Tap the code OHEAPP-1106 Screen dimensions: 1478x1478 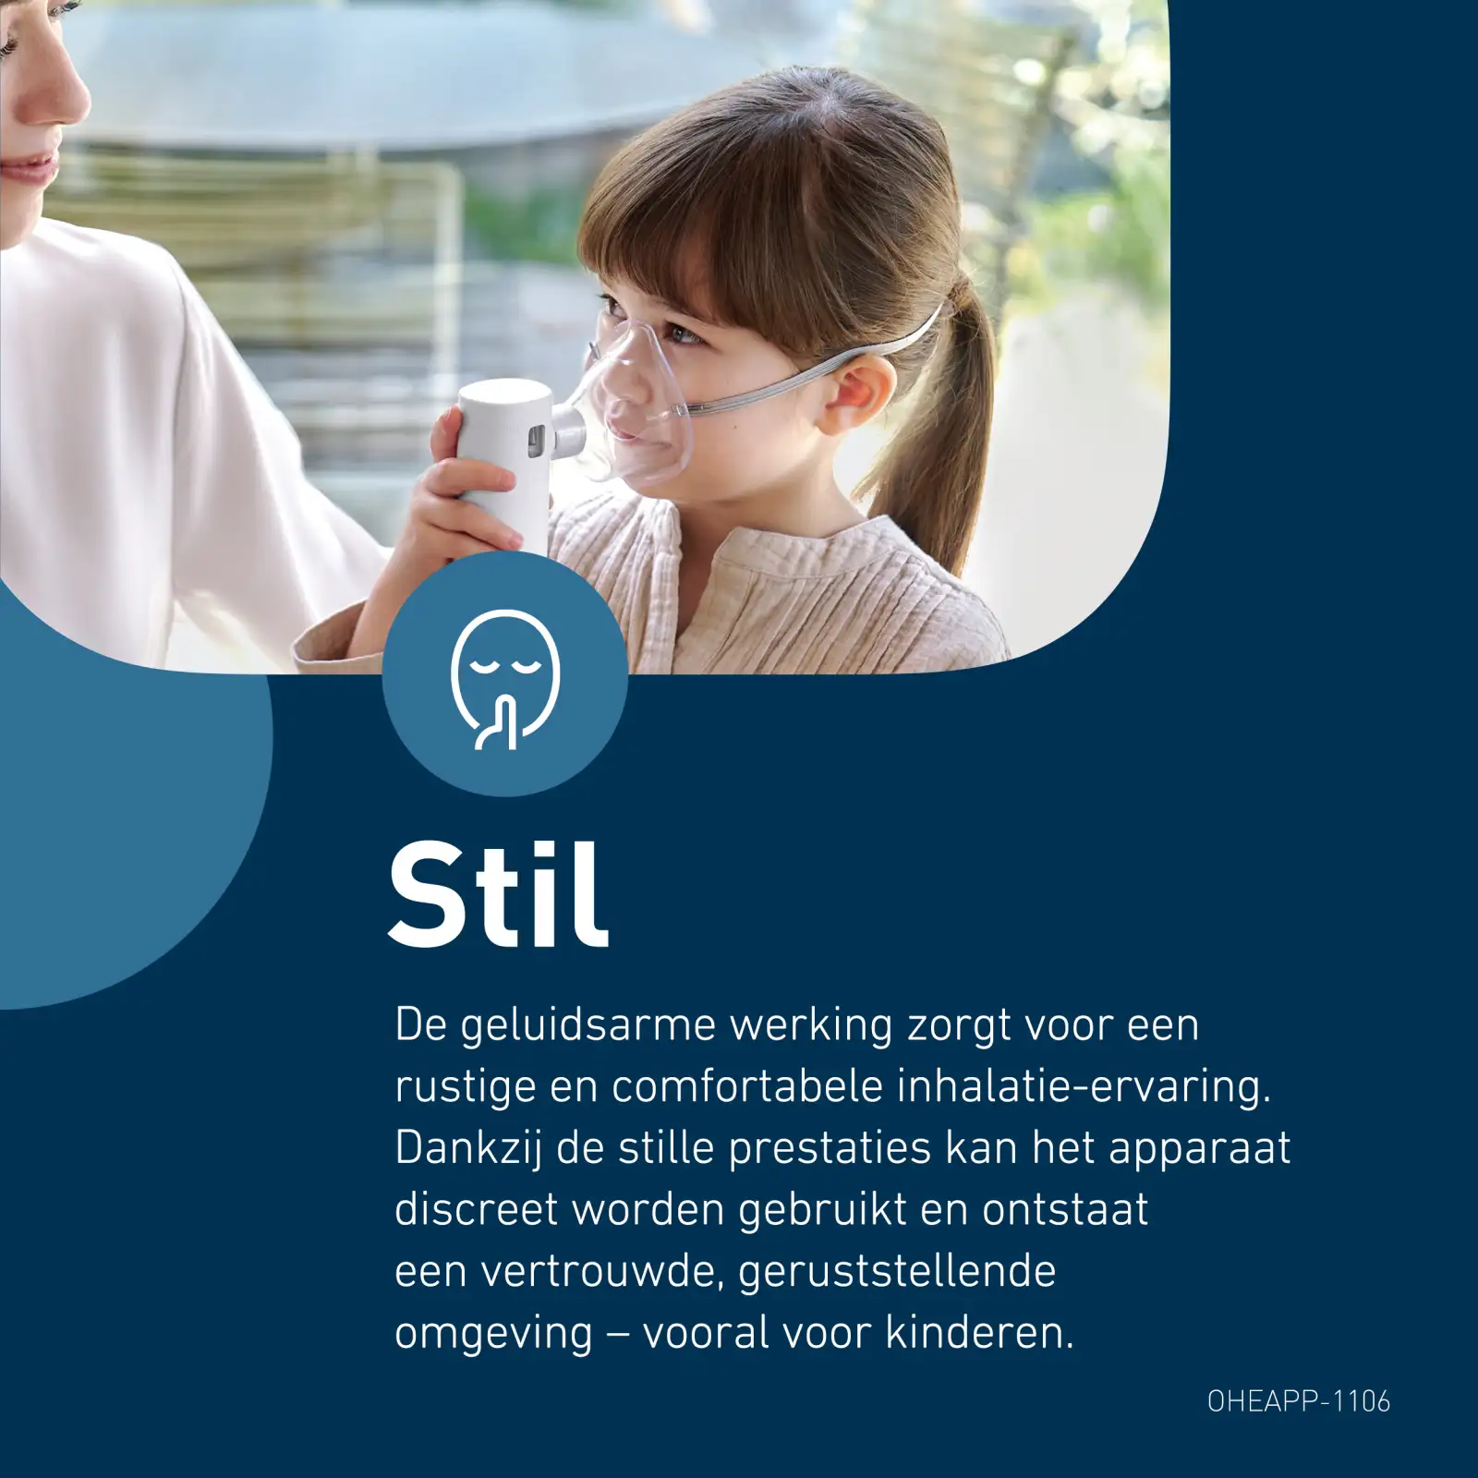(x=1298, y=1401)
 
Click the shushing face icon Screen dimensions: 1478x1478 (x=504, y=679)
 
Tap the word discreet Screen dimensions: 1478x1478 (x=477, y=1210)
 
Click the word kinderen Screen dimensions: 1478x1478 (x=980, y=1333)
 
